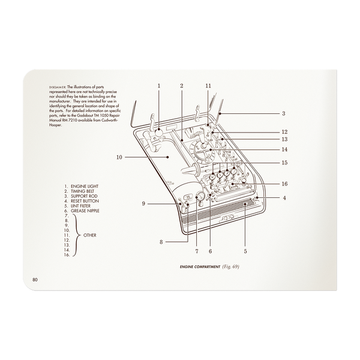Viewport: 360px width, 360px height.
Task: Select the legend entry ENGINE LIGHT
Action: [x=86, y=187]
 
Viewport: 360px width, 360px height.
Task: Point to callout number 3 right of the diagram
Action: [x=283, y=113]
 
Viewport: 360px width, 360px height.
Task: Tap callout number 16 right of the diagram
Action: [x=285, y=184]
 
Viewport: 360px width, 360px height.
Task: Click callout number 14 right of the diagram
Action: [x=285, y=149]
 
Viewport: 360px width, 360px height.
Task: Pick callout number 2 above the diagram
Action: [x=181, y=86]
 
